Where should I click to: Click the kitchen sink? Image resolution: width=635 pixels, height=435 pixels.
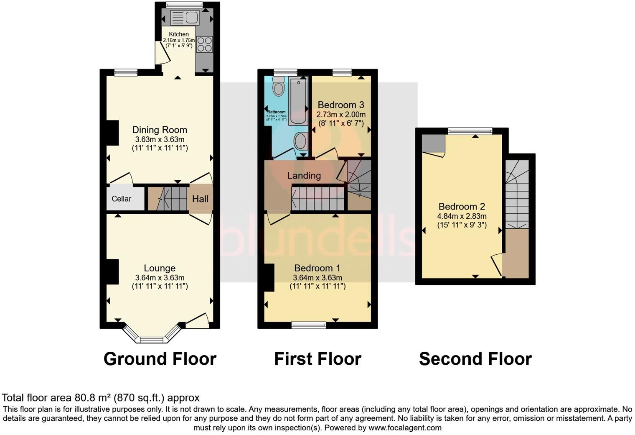coord(184,18)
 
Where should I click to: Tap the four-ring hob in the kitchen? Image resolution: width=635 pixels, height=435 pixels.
coord(204,44)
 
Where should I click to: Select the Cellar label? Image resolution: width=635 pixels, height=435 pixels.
coord(121,199)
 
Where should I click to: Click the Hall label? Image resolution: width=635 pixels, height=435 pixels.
coord(200,199)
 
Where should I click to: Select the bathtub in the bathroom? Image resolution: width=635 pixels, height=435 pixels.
coord(298,100)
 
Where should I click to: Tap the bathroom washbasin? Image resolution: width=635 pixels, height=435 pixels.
coord(300,141)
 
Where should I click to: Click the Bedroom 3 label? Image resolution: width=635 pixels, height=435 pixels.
coord(340,105)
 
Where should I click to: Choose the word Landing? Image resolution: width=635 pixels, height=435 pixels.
coord(304,176)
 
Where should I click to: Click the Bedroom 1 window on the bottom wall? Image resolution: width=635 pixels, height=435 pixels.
coord(309,325)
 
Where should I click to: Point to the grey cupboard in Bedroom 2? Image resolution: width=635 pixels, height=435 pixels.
coord(433,144)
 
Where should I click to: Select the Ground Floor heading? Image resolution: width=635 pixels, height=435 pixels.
coord(160,359)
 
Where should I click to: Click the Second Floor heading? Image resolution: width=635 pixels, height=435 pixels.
coord(475,359)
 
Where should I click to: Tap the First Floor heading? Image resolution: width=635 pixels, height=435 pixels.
coord(317,359)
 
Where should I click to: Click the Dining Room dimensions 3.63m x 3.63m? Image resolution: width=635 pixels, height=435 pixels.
coord(160,139)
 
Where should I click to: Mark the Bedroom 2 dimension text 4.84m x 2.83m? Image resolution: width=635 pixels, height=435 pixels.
coord(462,216)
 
